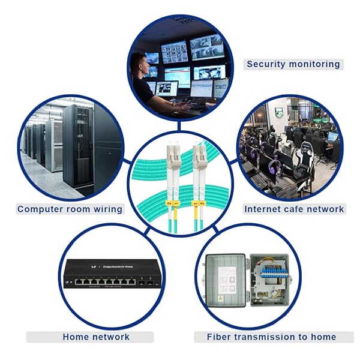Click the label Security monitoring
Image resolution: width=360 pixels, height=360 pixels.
293,64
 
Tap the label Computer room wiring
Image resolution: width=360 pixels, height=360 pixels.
70,209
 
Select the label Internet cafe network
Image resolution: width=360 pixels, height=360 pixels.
294,209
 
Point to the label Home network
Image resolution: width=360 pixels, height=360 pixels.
96,337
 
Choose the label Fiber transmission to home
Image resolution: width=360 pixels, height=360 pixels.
271,337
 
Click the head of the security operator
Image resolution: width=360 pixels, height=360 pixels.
139,63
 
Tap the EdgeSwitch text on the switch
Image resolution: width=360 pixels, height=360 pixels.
118,265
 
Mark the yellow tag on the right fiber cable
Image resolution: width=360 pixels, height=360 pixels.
196,204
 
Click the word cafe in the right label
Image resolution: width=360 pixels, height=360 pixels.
295,209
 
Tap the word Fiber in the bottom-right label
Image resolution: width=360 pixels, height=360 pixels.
219,337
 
